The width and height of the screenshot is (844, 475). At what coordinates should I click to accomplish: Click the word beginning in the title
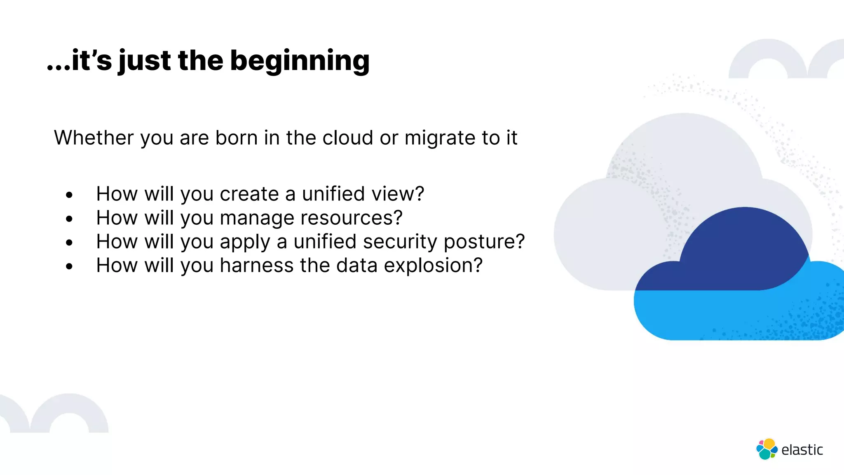tap(300, 61)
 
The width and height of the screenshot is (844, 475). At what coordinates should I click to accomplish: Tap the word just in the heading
tap(144, 61)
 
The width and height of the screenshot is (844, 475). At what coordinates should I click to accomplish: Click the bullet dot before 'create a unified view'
tap(69, 195)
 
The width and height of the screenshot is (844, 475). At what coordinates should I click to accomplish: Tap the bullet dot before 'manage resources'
tap(69, 219)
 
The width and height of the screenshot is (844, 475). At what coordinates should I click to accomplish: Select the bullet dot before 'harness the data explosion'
tap(69, 266)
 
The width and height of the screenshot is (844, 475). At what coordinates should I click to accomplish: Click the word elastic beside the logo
tap(802, 450)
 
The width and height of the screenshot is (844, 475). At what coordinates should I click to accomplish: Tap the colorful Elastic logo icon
tap(767, 449)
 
